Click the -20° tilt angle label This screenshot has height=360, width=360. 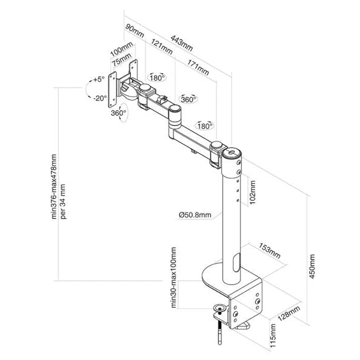[99, 97]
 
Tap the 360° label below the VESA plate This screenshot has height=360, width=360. [118, 112]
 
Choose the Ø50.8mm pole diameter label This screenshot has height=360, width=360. [194, 215]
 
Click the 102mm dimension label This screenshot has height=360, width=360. [253, 193]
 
